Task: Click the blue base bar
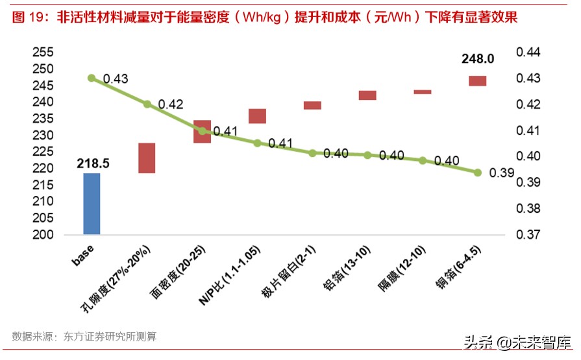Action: click(x=92, y=204)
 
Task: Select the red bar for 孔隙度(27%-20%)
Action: click(x=147, y=158)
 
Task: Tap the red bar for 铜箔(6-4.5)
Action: click(x=478, y=81)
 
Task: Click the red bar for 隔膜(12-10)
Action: click(x=423, y=92)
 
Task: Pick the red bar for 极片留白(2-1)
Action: click(x=312, y=105)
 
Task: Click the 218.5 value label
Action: click(x=92, y=163)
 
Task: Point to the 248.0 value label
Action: click(x=478, y=59)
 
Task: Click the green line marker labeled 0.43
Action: click(x=92, y=78)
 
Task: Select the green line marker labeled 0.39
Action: click(x=478, y=173)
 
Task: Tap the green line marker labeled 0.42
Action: click(x=147, y=104)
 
